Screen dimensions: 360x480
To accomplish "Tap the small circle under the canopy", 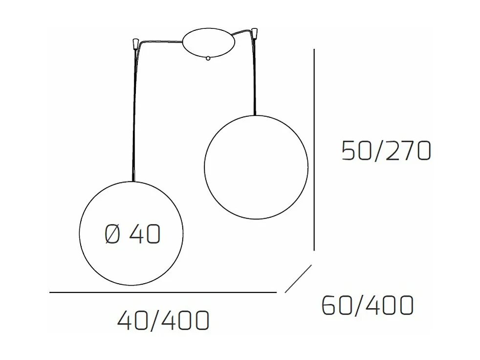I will coord(208,59).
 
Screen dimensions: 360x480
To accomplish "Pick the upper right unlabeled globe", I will coord(256,167).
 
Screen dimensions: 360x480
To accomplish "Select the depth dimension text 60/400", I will coord(368,306).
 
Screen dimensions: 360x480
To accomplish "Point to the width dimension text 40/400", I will coord(163,321).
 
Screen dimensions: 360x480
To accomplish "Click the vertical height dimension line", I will coord(313,149).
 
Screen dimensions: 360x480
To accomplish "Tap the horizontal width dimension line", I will coord(163,292).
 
